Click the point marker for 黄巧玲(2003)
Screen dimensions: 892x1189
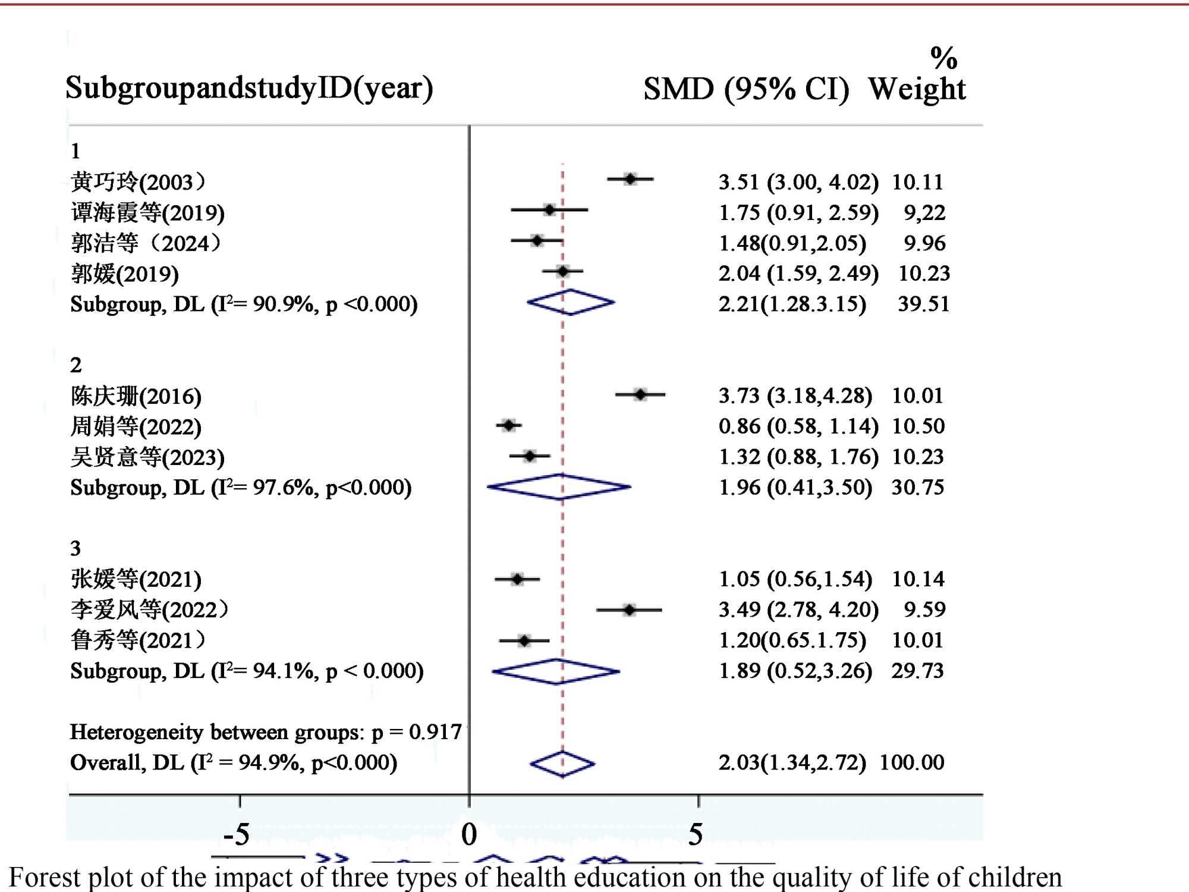(x=630, y=178)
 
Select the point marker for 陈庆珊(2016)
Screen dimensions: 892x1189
(x=640, y=394)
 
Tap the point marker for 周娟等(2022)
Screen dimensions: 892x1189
(x=509, y=425)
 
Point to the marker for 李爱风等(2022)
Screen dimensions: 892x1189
(x=630, y=610)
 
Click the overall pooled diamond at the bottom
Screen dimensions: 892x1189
(x=562, y=764)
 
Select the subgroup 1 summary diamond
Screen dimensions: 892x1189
(x=571, y=302)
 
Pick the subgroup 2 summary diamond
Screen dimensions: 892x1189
(x=559, y=487)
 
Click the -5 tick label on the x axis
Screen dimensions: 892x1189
(x=237, y=834)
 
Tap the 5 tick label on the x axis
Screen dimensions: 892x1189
(x=696, y=834)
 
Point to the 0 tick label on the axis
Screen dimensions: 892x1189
(x=469, y=834)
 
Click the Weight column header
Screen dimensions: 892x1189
(x=917, y=89)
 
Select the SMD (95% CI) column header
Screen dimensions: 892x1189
(x=746, y=89)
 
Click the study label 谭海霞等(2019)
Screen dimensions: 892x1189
(x=147, y=213)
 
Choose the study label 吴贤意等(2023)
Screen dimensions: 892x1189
(x=147, y=457)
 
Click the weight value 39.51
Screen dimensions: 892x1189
(x=923, y=304)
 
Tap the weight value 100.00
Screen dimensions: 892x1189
(x=912, y=762)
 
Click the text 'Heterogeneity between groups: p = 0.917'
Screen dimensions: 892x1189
(x=266, y=732)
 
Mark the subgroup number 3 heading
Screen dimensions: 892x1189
(x=76, y=548)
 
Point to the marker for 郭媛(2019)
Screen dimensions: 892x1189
(x=562, y=272)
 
